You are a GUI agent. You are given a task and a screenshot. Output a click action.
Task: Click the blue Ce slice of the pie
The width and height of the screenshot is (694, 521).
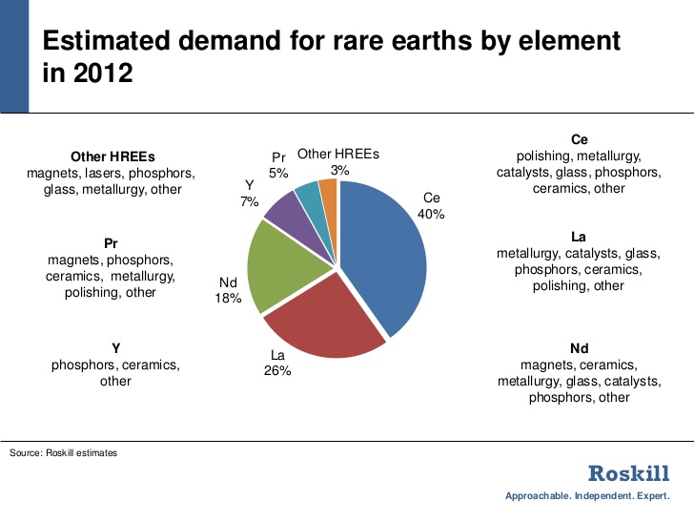point(381,248)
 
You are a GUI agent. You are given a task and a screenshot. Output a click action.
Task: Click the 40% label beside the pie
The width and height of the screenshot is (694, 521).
point(431,215)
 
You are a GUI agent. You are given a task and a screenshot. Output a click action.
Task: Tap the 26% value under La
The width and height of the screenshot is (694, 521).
point(276,370)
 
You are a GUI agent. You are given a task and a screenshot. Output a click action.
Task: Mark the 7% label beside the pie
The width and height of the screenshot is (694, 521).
point(250,202)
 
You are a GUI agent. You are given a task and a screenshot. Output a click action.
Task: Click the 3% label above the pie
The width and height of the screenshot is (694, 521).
point(339,170)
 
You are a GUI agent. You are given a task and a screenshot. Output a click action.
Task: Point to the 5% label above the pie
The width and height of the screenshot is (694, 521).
point(278,173)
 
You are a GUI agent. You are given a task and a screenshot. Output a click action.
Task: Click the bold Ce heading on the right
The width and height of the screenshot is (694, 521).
point(580,139)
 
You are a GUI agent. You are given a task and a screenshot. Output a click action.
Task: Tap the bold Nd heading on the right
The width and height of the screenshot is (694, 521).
point(580,348)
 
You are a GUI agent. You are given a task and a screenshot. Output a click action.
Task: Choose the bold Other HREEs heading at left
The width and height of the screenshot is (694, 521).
point(112,156)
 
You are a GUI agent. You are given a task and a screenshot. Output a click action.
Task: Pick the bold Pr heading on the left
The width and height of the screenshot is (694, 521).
point(111,243)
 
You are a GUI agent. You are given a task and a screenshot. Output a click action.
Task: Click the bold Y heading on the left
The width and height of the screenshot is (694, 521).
point(115,348)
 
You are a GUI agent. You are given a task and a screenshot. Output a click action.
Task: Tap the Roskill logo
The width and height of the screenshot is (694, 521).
point(628,472)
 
